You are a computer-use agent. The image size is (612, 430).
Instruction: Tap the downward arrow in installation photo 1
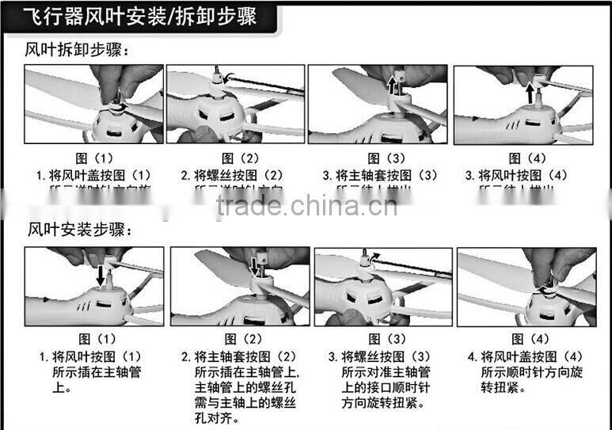tap(100, 276)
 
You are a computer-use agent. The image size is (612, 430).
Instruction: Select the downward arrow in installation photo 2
tap(254, 266)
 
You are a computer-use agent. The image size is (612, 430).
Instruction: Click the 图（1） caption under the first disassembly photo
tap(94, 158)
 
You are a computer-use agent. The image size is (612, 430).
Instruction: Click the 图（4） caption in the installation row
tap(526, 339)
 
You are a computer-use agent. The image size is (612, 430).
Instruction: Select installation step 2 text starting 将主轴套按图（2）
tap(238, 356)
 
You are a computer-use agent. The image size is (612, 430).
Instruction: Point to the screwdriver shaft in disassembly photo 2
tap(265, 83)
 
